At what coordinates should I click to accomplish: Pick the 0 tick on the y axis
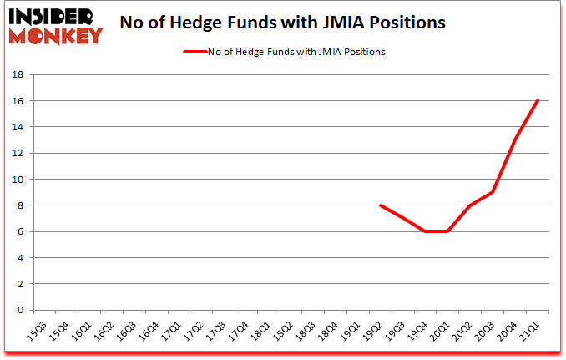pos(19,310)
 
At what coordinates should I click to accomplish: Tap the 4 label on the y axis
pos(19,258)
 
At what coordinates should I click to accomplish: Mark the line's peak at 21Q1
pos(538,101)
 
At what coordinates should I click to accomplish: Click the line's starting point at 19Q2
pos(381,205)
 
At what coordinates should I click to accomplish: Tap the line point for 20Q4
pos(516,140)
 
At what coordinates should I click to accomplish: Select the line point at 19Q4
pos(426,231)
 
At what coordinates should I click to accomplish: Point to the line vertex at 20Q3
pos(493,192)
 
